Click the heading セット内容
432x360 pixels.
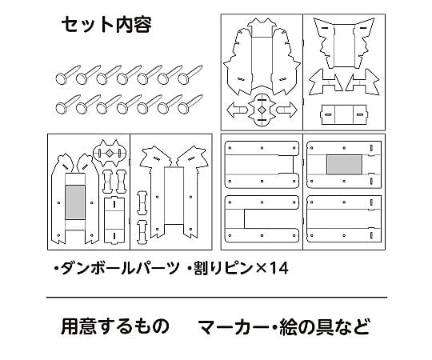pyautogui.click(x=106, y=25)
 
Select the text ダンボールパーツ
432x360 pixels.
pyautogui.click(x=120, y=268)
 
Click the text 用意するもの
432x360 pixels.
pyautogui.click(x=115, y=326)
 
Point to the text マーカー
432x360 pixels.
pyautogui.click(x=234, y=326)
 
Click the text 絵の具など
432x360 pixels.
pyautogui.click(x=324, y=326)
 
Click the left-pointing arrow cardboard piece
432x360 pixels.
pyautogui.click(x=237, y=110)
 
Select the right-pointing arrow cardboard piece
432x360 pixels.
pyautogui.click(x=286, y=110)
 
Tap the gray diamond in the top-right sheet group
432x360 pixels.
pyautogui.click(x=262, y=110)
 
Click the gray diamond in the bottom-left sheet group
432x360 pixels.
pyautogui.click(x=110, y=153)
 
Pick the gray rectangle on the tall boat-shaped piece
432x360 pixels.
pyautogui.click(x=75, y=202)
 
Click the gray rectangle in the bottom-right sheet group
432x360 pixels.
pyautogui.click(x=344, y=165)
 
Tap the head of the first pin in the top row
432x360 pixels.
pyautogui.click(x=60, y=78)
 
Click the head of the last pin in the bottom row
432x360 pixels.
pyautogui.click(x=182, y=108)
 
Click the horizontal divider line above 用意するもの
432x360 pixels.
pyautogui.click(x=217, y=298)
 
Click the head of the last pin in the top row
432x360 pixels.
pyautogui.click(x=182, y=78)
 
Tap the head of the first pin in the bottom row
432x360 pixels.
pyautogui.click(x=60, y=108)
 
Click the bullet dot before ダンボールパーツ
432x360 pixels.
pyautogui.click(x=57, y=268)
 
